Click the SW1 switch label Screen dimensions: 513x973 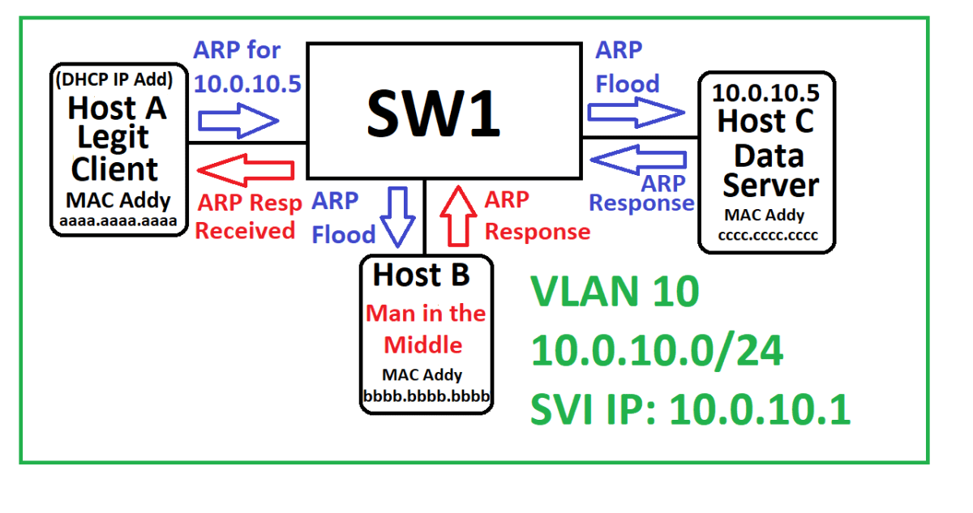click(x=433, y=113)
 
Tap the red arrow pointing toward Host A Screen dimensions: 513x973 click(x=245, y=169)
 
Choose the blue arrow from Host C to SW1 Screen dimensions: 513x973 click(x=638, y=159)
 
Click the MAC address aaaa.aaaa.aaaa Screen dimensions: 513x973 click(x=118, y=220)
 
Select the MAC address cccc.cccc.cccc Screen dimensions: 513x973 click(x=767, y=235)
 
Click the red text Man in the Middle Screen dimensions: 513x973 click(x=426, y=329)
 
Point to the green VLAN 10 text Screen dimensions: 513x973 click(x=614, y=292)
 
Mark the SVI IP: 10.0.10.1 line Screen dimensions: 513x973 click(x=690, y=410)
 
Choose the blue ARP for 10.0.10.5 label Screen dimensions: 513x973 click(x=247, y=66)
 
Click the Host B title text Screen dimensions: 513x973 click(x=421, y=276)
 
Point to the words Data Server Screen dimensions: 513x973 click(x=769, y=170)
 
